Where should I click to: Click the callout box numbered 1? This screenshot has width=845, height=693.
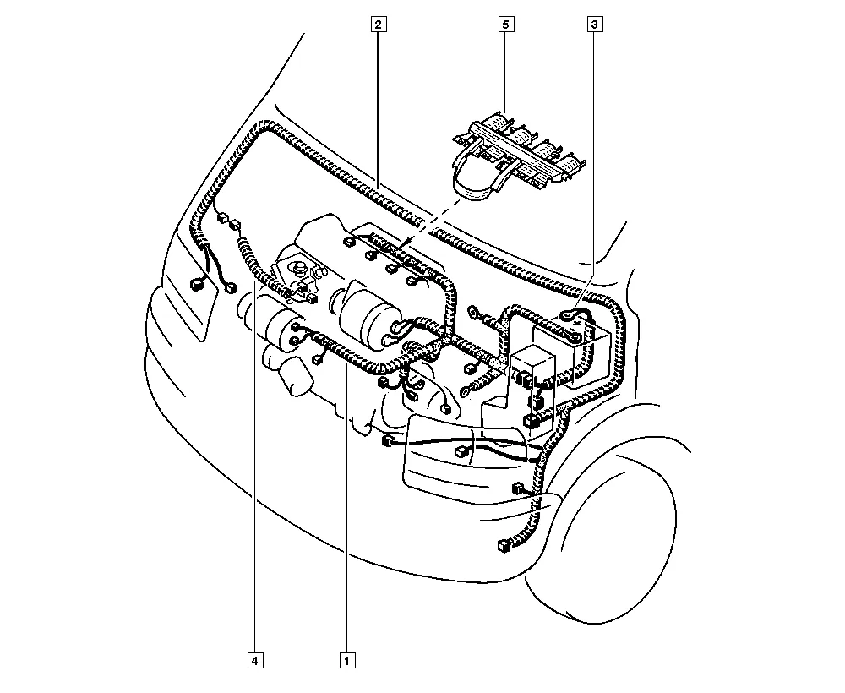(x=347, y=660)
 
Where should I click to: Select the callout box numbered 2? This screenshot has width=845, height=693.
(x=379, y=25)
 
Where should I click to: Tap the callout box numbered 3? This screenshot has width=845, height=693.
(x=594, y=25)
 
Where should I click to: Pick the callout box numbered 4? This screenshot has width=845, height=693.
(x=255, y=660)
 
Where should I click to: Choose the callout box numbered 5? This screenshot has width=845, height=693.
(x=505, y=25)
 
